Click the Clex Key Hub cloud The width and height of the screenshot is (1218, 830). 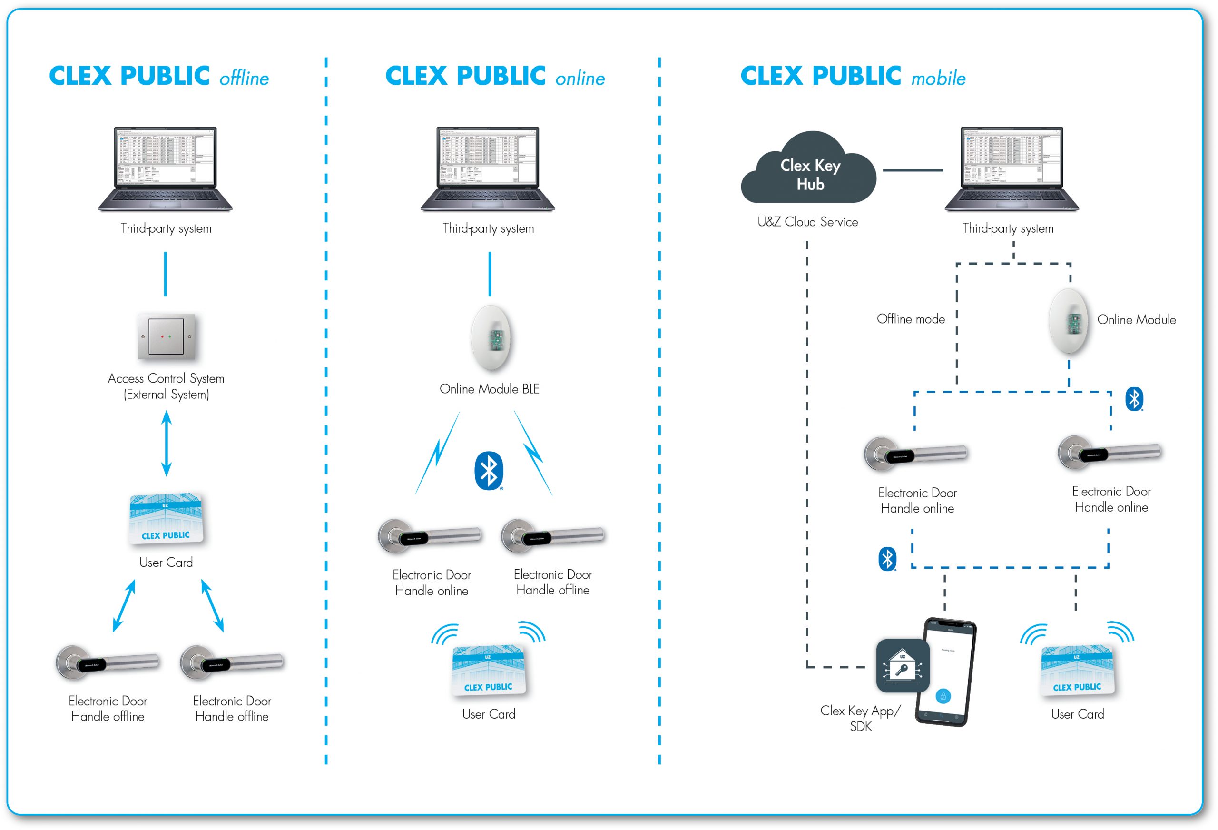point(809,170)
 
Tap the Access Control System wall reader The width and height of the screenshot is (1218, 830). point(167,336)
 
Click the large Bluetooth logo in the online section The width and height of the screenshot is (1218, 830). point(489,470)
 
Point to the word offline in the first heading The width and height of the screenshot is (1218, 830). point(244,79)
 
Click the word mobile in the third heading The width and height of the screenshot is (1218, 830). point(938,79)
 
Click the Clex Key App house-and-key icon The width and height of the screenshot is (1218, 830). point(903,666)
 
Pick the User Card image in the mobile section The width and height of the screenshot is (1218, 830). point(1078,670)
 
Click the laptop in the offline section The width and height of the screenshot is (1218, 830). point(166,169)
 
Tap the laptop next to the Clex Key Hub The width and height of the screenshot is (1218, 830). point(1012,169)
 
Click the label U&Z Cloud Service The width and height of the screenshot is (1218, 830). point(807,222)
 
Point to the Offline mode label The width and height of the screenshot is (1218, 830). point(910,319)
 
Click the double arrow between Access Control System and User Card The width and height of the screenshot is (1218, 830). point(167,443)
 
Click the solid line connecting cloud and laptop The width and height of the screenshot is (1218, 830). point(913,170)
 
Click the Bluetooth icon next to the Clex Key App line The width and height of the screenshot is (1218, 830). point(887,559)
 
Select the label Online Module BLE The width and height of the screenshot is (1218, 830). point(490,389)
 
